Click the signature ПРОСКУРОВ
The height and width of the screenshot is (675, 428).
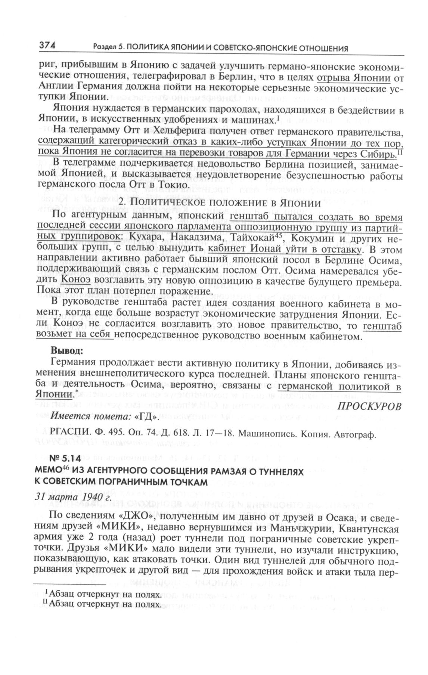(369, 406)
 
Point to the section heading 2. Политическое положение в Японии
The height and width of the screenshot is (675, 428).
(220, 203)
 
